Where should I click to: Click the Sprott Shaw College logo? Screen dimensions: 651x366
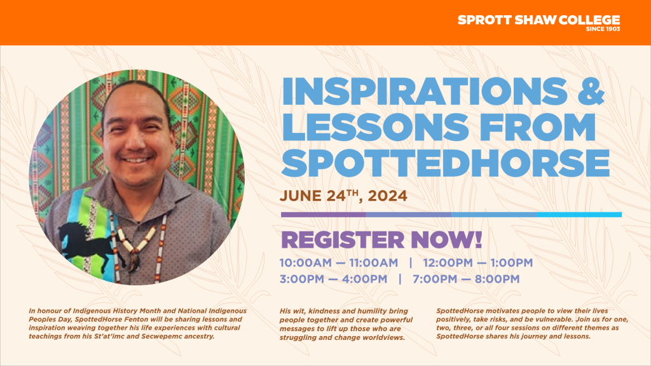pos(539,23)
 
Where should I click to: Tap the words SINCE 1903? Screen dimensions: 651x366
pos(603,29)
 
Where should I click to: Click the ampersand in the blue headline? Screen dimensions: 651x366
pos(591,91)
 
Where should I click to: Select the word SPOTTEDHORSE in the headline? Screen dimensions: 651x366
pos(445,163)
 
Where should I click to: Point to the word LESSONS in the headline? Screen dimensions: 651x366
pos(375,127)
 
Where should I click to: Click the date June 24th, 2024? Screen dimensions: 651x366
pos(343,196)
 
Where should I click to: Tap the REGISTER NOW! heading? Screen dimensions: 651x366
pos(381,240)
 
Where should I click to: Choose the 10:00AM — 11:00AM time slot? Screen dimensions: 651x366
pos(339,262)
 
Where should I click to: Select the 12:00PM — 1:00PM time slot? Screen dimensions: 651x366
pos(478,262)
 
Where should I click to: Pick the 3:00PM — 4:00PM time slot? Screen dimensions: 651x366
pos(333,279)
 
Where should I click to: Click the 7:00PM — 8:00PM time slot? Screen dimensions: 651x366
pos(466,279)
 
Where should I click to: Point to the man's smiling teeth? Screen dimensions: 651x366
pos(136,160)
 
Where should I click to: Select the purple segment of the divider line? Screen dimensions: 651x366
pos(324,215)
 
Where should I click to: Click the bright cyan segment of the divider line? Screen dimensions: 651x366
pos(579,215)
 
